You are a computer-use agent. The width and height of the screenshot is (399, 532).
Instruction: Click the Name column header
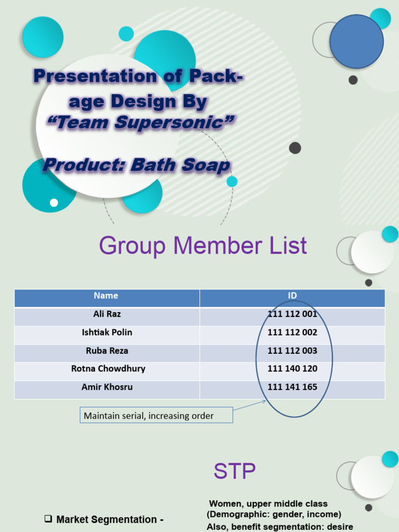point(106,296)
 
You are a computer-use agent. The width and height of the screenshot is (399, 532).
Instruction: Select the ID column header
point(292,296)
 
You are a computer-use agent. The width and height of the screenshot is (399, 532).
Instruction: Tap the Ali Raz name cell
point(107,314)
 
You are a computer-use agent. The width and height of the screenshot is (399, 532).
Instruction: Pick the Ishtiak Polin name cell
point(107,332)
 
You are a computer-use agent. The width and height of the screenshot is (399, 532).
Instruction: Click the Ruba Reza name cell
point(107,351)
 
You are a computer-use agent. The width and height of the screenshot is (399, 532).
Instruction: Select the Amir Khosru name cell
point(107,387)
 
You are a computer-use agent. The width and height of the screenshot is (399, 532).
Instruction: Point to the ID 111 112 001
point(292,314)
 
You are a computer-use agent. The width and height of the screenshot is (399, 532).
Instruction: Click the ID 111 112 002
point(292,332)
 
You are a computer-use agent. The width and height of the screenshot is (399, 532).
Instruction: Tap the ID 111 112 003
point(292,351)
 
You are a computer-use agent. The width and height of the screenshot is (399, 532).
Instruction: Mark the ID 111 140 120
point(292,369)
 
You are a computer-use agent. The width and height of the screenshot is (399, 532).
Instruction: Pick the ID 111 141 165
point(292,387)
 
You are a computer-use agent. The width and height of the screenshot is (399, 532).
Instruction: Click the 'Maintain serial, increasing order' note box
point(156,416)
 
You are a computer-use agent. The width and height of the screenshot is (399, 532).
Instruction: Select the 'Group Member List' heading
point(203,246)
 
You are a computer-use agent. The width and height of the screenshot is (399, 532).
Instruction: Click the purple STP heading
point(234,472)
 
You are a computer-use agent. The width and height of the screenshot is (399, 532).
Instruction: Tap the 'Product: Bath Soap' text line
point(136,165)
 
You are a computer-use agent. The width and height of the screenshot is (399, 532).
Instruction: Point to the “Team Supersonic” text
point(140,123)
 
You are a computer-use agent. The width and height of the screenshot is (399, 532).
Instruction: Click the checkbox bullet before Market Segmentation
point(48,518)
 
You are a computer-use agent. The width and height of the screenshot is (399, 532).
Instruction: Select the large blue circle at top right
point(356,42)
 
